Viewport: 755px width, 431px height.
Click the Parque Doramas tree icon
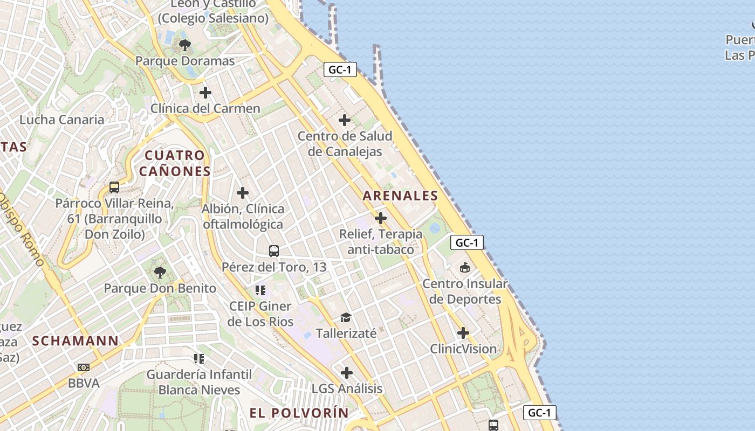[x=185, y=45]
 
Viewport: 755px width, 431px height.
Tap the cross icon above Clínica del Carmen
[x=205, y=93]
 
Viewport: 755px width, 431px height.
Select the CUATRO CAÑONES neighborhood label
[x=174, y=163]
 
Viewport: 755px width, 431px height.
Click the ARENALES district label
[x=400, y=196]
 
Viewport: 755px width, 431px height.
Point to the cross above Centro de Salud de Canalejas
[x=345, y=120]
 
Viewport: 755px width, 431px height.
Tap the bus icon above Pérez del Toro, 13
[x=274, y=251]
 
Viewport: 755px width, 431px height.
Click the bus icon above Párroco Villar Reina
[x=114, y=187]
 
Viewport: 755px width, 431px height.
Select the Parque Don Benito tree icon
[x=160, y=272]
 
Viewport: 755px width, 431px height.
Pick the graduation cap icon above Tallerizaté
[x=346, y=318]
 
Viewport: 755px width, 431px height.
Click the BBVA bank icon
[x=84, y=367]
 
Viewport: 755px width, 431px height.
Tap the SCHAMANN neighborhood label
[x=75, y=340]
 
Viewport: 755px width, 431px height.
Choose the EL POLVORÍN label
[x=299, y=413]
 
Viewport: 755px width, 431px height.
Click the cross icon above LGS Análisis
[x=347, y=373]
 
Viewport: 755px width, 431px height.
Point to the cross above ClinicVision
[x=463, y=333]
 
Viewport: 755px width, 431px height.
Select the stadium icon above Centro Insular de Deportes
[x=465, y=267]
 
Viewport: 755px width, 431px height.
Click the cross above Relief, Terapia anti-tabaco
[x=381, y=218]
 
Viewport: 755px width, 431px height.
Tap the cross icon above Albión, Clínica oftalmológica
[x=243, y=192]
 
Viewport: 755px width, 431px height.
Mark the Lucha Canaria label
[x=62, y=120]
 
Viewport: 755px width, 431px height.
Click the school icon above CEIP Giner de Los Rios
[x=261, y=291]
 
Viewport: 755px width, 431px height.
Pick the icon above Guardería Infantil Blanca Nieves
[x=199, y=358]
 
